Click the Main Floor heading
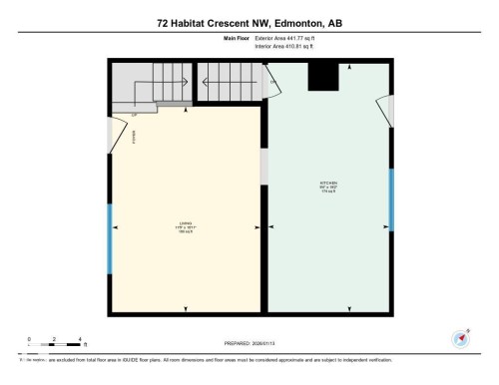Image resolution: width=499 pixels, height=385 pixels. click(x=239, y=38)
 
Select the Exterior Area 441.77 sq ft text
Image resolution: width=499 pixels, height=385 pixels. click(x=290, y=38)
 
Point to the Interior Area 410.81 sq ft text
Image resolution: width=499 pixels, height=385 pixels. click(x=290, y=46)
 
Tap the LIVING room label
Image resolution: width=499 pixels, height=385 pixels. click(x=185, y=224)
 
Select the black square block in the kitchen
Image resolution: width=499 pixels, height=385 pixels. click(x=321, y=76)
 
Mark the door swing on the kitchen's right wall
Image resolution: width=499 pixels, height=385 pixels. click(x=383, y=111)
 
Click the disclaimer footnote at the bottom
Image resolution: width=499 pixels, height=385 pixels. click(x=200, y=359)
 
